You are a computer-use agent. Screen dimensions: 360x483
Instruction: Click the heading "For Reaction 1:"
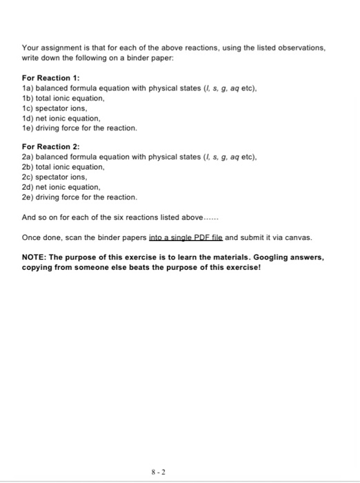click(51, 78)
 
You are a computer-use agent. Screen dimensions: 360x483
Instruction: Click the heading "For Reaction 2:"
click(51, 146)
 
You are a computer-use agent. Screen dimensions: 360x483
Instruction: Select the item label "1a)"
click(28, 88)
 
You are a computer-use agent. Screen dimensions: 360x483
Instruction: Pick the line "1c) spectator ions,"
click(54, 108)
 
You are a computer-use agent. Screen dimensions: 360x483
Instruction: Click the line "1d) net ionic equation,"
click(61, 118)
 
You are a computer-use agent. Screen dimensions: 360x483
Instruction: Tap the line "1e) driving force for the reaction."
click(80, 128)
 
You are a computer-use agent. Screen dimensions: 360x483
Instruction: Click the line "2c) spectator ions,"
click(54, 177)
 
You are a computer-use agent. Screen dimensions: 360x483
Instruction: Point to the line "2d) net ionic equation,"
click(61, 186)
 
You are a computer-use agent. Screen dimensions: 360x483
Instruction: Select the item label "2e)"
click(28, 197)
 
